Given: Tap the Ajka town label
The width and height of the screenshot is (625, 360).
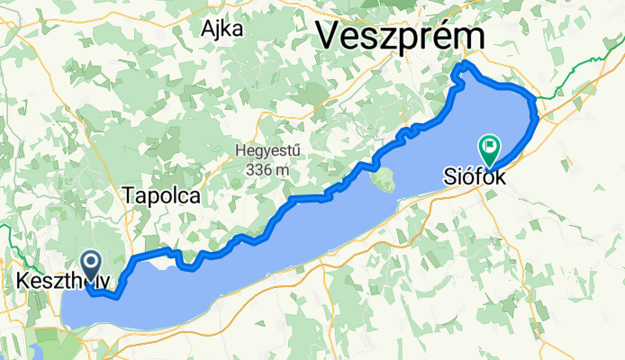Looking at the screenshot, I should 224,28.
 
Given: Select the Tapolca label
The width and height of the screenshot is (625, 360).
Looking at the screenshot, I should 161,194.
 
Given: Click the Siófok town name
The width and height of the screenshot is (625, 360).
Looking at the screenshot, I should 475,178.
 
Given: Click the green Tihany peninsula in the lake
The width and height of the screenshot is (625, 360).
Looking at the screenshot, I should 383,177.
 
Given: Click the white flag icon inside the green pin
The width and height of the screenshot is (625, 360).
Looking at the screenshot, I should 491,143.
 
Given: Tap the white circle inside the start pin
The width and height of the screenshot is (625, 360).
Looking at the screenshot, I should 92,262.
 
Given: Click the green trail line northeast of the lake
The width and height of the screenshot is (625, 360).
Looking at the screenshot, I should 576,71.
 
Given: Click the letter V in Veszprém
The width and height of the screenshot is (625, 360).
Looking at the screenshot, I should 327,37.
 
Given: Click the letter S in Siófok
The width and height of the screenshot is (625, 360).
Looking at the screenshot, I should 448,178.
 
